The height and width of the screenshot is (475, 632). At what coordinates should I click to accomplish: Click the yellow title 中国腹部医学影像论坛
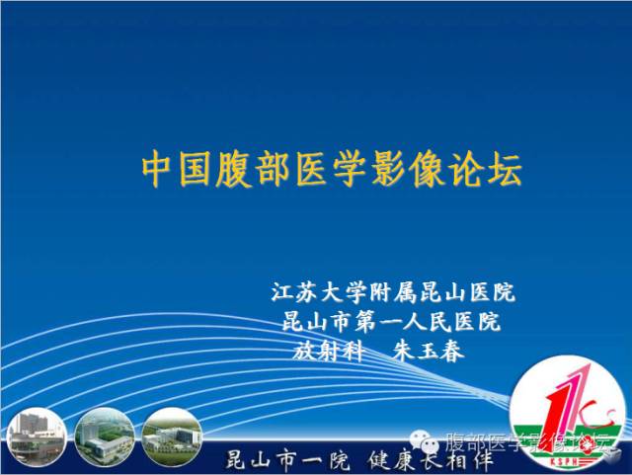pyautogui.click(x=332, y=169)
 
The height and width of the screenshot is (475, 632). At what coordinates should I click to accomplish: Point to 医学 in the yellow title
pyautogui.click(x=331, y=169)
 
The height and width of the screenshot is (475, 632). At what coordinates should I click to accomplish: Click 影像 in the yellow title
pyautogui.click(x=408, y=169)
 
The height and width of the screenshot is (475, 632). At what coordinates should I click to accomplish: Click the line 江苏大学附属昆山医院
pyautogui.click(x=393, y=292)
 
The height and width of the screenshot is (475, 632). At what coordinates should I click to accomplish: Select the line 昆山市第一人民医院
pyautogui.click(x=392, y=321)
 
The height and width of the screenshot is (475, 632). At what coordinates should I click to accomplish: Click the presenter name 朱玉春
pyautogui.click(x=428, y=352)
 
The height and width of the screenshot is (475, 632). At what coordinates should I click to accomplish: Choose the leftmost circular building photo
pyautogui.click(x=37, y=437)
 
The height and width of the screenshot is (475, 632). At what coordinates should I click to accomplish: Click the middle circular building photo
pyautogui.click(x=105, y=437)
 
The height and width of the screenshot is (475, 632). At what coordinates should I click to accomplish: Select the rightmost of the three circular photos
pyautogui.click(x=172, y=437)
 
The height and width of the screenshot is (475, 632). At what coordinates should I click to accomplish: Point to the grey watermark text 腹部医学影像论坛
pyautogui.click(x=526, y=442)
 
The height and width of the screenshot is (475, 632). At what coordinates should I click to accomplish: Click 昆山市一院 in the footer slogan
pyautogui.click(x=287, y=460)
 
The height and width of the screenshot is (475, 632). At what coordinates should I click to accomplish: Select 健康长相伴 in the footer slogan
pyautogui.click(x=431, y=460)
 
